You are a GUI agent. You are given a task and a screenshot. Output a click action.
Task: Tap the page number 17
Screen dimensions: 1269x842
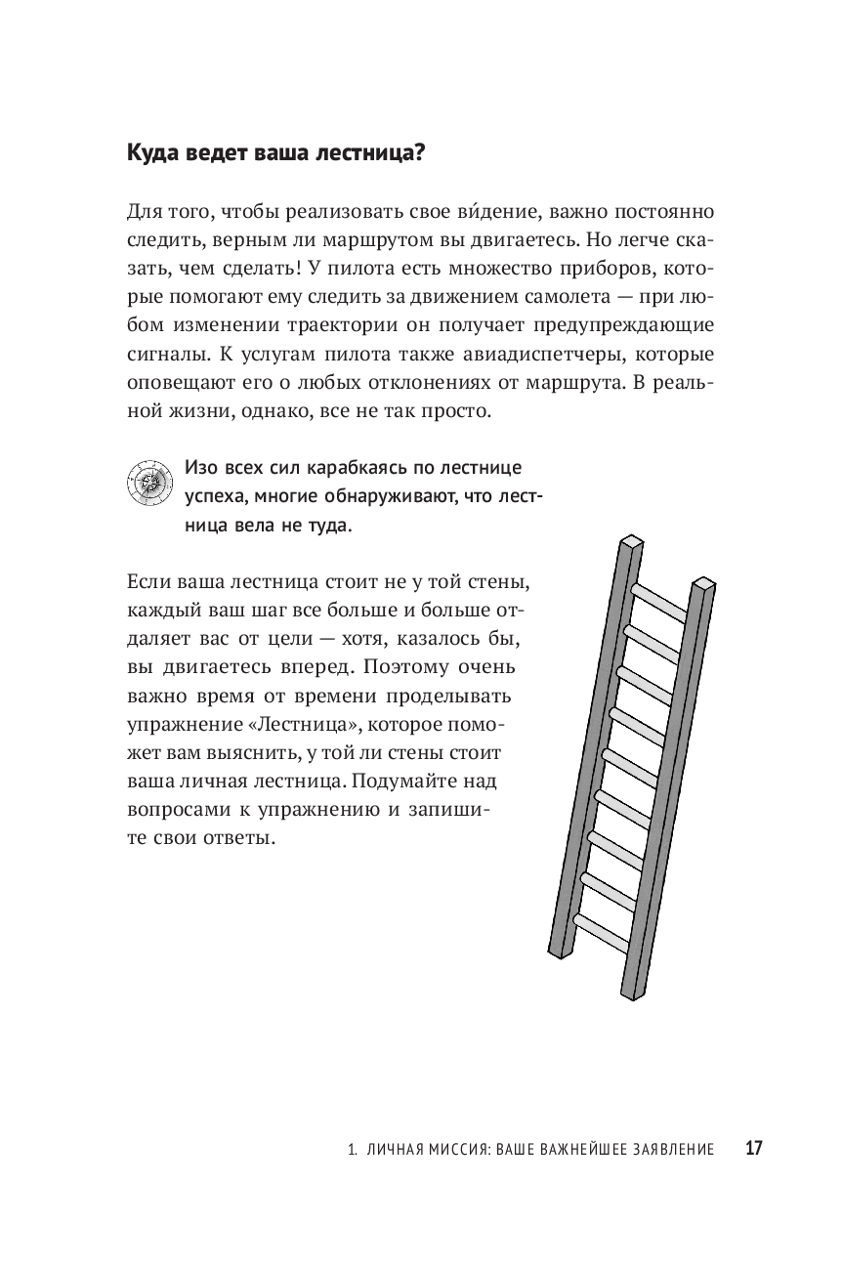point(753,1149)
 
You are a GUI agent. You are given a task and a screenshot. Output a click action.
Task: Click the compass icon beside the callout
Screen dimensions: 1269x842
point(147,482)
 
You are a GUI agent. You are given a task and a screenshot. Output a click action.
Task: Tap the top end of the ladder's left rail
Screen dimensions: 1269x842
point(631,541)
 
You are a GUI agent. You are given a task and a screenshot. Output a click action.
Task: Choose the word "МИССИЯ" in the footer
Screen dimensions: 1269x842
point(442,1150)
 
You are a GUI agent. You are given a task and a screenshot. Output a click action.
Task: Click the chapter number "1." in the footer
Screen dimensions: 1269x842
point(352,1150)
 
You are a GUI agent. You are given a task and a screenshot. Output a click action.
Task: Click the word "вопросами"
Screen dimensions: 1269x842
point(175,809)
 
